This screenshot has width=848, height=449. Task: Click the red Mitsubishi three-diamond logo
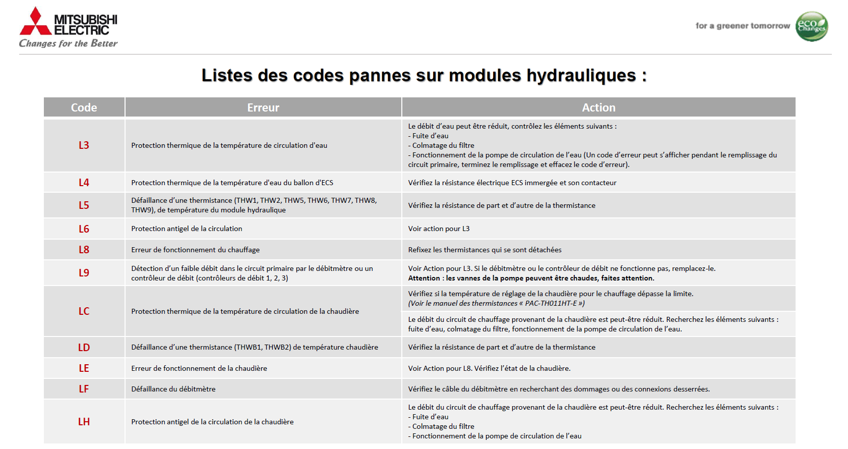[x=35, y=21]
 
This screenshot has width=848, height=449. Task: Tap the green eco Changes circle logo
[x=812, y=26]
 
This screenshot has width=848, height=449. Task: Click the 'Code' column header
[x=84, y=107]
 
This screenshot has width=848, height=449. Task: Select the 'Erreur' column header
[x=263, y=107]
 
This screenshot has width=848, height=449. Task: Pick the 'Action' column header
[x=598, y=107]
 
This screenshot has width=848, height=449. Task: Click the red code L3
[x=84, y=145]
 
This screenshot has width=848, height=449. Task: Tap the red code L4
[x=84, y=183]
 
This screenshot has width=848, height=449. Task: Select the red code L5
[x=84, y=205]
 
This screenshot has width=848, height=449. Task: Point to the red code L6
[x=84, y=229]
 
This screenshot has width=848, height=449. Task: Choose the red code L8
[x=84, y=250]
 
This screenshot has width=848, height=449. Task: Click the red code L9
[x=84, y=273]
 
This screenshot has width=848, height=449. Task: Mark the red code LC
[x=84, y=311]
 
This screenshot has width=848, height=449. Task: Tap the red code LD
[x=84, y=348]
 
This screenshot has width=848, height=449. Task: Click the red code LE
[x=84, y=368]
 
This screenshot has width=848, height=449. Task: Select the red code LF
[x=84, y=389]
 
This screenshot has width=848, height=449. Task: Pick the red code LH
[x=84, y=422]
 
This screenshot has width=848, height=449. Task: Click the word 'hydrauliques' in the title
[x=581, y=76]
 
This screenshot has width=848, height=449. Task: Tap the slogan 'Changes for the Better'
[x=68, y=44]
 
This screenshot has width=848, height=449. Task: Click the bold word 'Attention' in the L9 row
[x=424, y=278]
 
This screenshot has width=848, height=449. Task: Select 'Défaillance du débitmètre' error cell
[x=173, y=389]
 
